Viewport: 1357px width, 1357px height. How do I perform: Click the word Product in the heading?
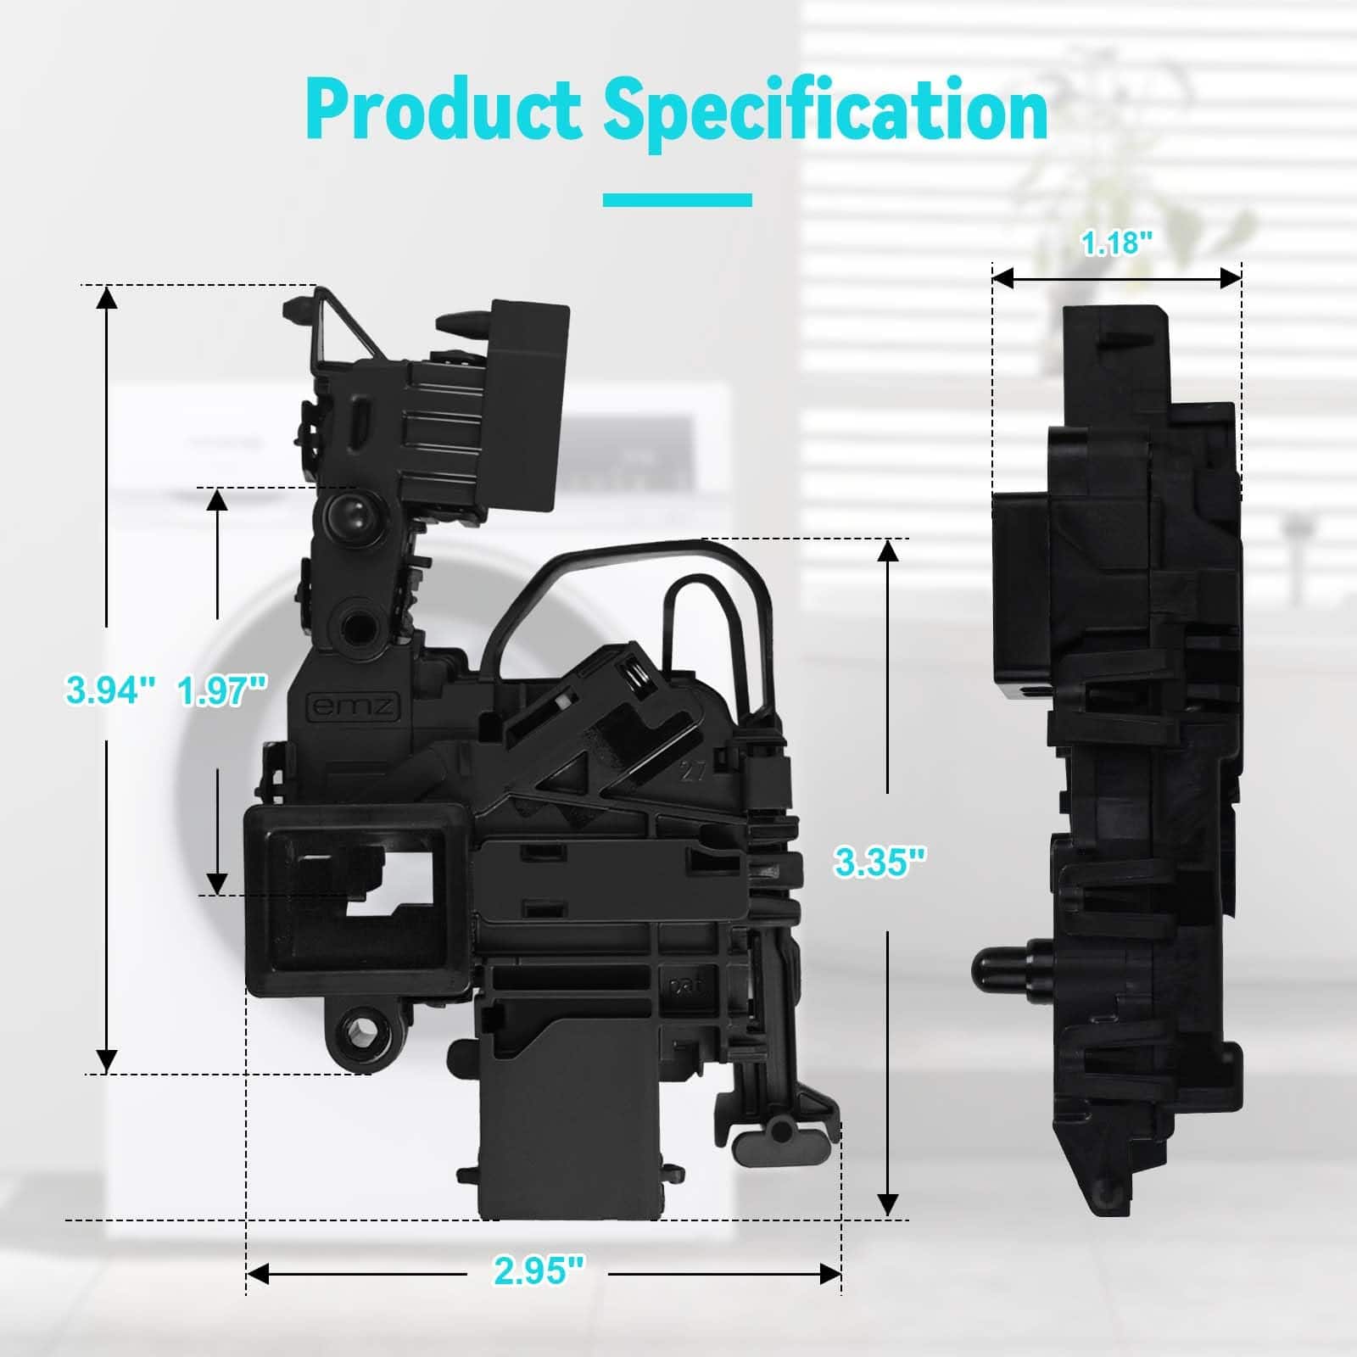443,110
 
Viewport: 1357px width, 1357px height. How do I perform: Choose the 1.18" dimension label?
1117,243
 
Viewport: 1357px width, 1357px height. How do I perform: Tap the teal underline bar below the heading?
678,200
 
